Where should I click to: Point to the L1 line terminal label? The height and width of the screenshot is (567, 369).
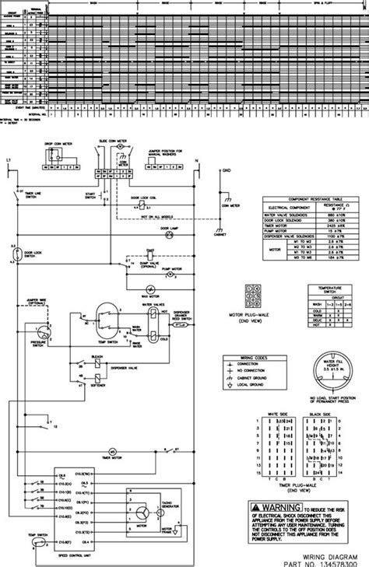coord(8,160)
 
